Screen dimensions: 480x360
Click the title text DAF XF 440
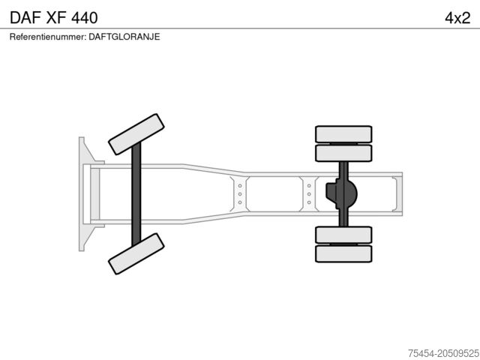point(54,18)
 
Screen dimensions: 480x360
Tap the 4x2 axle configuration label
point(457,18)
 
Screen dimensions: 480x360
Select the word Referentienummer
point(48,37)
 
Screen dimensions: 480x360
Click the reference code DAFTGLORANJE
point(124,37)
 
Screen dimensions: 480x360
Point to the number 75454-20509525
point(444,353)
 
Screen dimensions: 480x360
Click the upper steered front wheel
point(136,134)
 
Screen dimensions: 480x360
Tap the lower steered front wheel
point(136,253)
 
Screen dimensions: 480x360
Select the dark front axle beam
point(136,193)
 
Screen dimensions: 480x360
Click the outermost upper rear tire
point(343,134)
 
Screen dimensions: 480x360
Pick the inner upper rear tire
point(343,153)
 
